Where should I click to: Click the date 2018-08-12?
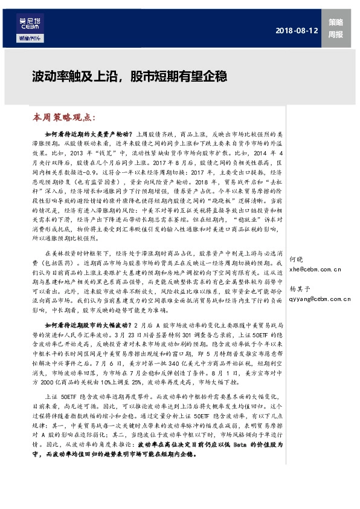coord(296,30)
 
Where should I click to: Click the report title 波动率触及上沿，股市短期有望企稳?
coord(129,77)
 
